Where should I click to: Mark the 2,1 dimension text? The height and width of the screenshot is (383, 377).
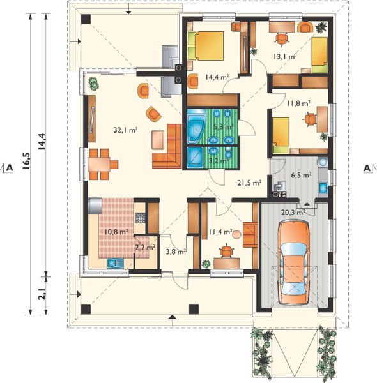[43, 294]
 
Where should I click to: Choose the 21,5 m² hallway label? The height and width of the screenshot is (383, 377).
[249, 183]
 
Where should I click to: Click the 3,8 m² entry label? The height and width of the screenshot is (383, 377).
[175, 252]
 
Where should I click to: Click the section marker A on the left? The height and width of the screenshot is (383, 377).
[10, 168]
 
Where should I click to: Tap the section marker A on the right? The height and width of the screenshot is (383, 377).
[367, 168]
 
